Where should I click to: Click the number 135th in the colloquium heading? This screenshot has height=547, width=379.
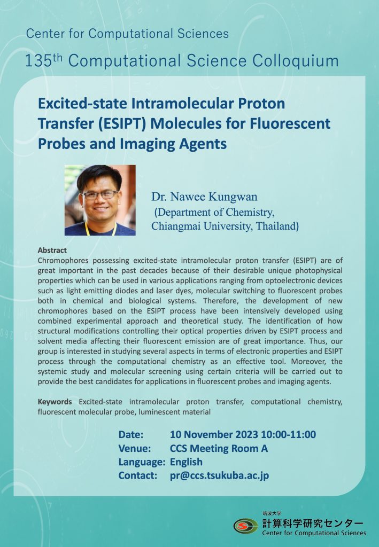click(x=44, y=61)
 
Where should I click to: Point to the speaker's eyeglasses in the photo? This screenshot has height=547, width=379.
click(x=99, y=194)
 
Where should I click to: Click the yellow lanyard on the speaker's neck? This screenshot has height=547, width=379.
click(x=100, y=229)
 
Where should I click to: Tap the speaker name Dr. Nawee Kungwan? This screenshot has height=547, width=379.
click(x=204, y=197)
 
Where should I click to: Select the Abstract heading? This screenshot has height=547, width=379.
click(x=52, y=250)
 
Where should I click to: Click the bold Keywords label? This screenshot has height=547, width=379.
click(x=55, y=402)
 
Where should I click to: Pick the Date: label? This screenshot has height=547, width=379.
click(x=131, y=435)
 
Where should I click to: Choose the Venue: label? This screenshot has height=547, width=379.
click(x=135, y=448)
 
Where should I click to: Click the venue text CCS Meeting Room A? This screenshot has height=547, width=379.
click(x=219, y=448)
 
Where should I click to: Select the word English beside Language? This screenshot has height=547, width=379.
click(x=186, y=462)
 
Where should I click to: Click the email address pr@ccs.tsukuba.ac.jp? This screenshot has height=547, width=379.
click(x=220, y=475)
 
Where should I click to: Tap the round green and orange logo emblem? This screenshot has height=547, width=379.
click(x=246, y=526)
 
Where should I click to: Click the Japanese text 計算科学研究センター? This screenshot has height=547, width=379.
click(x=313, y=523)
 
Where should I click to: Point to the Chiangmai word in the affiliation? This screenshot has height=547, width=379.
click(x=176, y=226)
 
